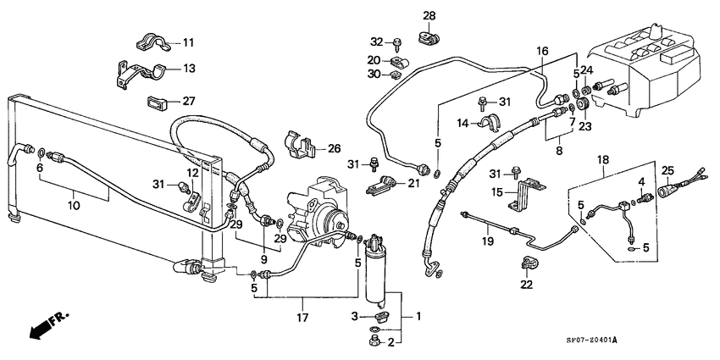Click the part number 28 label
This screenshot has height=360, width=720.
click(x=429, y=16)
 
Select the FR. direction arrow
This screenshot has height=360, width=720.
click(x=48, y=324)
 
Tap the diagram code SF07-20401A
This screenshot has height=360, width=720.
click(x=591, y=341)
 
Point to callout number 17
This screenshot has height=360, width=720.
click(x=302, y=318)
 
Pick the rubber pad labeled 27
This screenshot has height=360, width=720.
click(x=157, y=102)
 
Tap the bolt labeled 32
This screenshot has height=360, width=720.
click(x=396, y=45)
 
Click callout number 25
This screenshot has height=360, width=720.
click(x=667, y=171)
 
